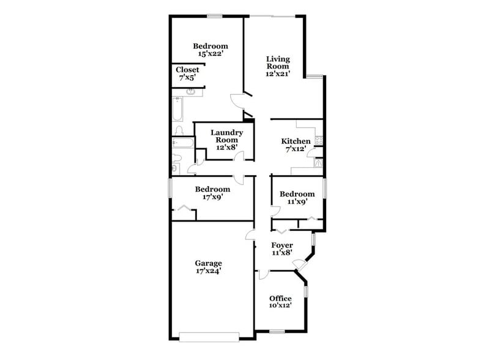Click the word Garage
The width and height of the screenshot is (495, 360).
pyautogui.click(x=209, y=263)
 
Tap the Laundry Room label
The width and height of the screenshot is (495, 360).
pyautogui.click(x=227, y=136)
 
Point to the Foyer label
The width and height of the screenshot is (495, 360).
pyautogui.click(x=282, y=245)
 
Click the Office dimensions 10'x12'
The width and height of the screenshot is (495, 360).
pyautogui.click(x=281, y=306)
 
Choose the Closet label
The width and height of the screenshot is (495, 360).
pyautogui.click(x=187, y=70)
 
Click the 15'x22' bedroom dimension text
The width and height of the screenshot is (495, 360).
pyautogui.click(x=210, y=54)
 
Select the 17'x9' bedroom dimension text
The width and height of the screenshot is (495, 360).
pyautogui.click(x=212, y=198)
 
